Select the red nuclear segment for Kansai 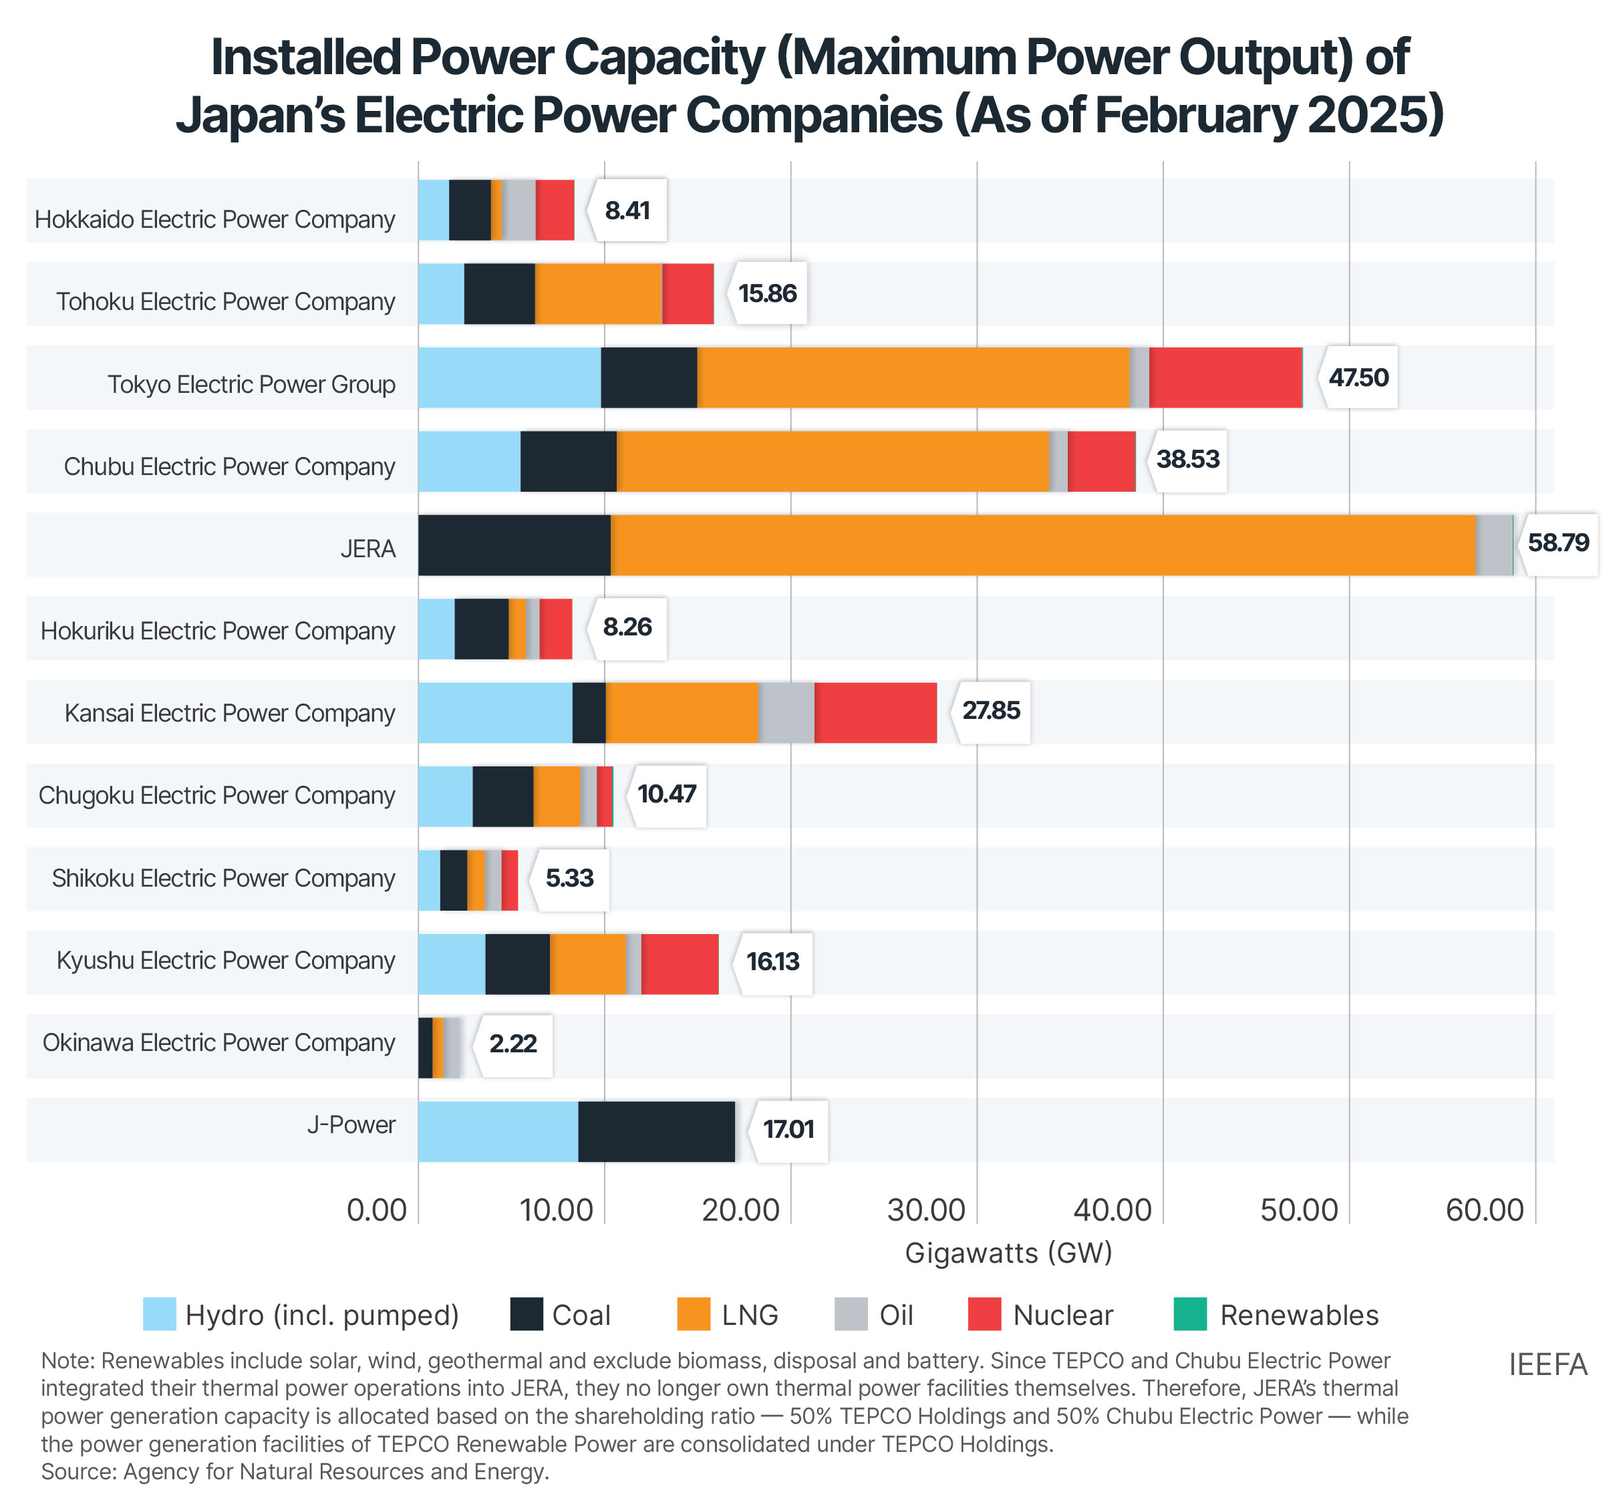pyautogui.click(x=875, y=712)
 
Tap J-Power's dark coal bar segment pyautogui.click(x=656, y=1130)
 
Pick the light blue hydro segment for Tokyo pyautogui.click(x=509, y=377)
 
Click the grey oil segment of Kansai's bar pyautogui.click(x=786, y=712)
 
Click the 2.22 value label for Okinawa pyautogui.click(x=512, y=1044)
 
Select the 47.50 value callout pyautogui.click(x=1358, y=377)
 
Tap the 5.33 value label pyautogui.click(x=569, y=878)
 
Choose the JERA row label pyautogui.click(x=368, y=549)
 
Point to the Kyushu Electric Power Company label pyautogui.click(x=225, y=959)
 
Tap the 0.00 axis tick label pyautogui.click(x=376, y=1209)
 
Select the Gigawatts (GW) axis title pyautogui.click(x=1008, y=1252)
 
